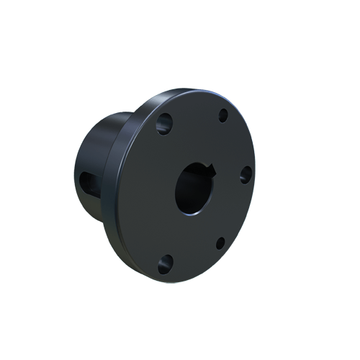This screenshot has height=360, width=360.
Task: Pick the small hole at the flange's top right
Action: pos(223,114)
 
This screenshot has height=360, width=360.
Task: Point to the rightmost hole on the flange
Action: pos(245,173)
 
